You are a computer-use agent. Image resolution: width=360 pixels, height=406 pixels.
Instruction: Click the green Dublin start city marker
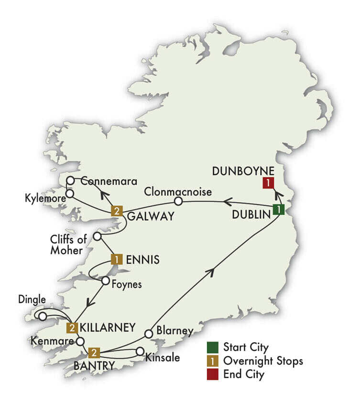(x=278, y=210)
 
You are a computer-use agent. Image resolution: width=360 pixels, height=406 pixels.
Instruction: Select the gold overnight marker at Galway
(x=116, y=211)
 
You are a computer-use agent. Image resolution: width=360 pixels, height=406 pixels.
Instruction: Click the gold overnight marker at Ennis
(x=116, y=259)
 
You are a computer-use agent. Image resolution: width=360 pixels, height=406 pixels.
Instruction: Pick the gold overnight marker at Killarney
(x=72, y=328)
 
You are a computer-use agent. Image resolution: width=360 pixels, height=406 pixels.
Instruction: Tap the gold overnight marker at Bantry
(x=94, y=353)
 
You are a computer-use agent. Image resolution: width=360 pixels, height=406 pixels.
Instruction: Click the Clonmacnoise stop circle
(x=178, y=202)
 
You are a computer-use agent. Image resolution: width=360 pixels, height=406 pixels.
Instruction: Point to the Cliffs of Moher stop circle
(x=97, y=236)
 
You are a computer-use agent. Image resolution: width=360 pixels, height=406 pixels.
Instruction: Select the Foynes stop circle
(x=105, y=281)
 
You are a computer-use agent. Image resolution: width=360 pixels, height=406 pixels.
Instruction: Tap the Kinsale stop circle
(x=140, y=351)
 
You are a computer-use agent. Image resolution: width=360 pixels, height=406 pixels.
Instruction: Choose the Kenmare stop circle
(x=80, y=342)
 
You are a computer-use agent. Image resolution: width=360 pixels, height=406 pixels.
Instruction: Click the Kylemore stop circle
(x=70, y=193)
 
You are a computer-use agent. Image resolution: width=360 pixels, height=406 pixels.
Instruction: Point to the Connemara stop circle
(x=71, y=181)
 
